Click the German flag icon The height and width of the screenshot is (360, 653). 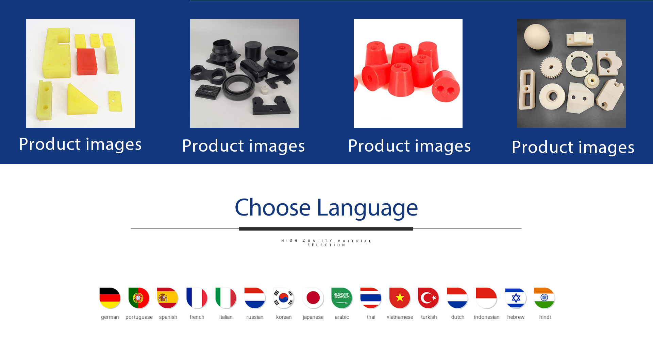click(x=110, y=298)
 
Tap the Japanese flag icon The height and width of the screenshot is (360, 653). click(x=313, y=298)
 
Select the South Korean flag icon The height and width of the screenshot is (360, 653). click(x=284, y=298)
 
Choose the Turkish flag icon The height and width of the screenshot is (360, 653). click(x=429, y=298)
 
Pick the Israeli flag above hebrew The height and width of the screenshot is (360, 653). click(x=516, y=298)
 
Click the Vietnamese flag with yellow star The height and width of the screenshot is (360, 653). click(x=400, y=298)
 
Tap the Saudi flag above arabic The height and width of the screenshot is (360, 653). click(x=342, y=298)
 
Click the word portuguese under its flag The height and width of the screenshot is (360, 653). click(x=139, y=317)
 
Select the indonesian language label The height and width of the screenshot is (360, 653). click(x=487, y=317)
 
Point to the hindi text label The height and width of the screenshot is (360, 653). click(x=545, y=317)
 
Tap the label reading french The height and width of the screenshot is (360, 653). click(x=197, y=317)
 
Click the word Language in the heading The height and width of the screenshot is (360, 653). click(x=367, y=208)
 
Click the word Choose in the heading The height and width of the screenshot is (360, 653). click(x=272, y=207)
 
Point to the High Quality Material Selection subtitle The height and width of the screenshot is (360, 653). click(x=326, y=243)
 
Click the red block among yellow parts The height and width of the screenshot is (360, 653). click(x=87, y=62)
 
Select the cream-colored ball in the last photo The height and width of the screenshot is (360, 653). click(x=537, y=36)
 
